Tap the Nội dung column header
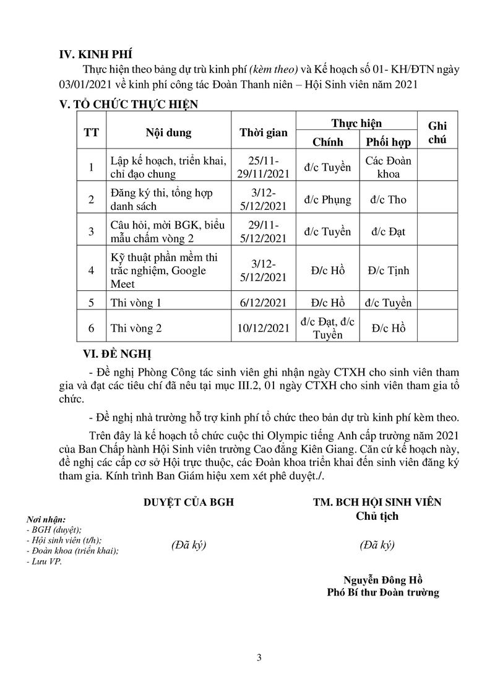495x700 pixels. coord(168,132)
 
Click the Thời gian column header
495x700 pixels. coord(264,132)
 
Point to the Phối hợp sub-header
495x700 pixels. coord(389,142)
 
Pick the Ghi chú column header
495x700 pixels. coord(437,132)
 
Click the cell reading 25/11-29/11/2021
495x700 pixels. coord(264,167)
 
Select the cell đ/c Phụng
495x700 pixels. coord(327,200)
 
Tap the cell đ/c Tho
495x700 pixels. coord(388,200)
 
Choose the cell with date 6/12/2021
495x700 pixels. coord(264,303)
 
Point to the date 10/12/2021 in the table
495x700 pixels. coord(264,329)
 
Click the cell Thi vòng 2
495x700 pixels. coord(136,329)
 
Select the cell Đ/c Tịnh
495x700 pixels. coord(388,270)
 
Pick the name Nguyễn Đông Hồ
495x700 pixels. coord(383,579)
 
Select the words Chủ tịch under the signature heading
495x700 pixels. coord(377,516)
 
